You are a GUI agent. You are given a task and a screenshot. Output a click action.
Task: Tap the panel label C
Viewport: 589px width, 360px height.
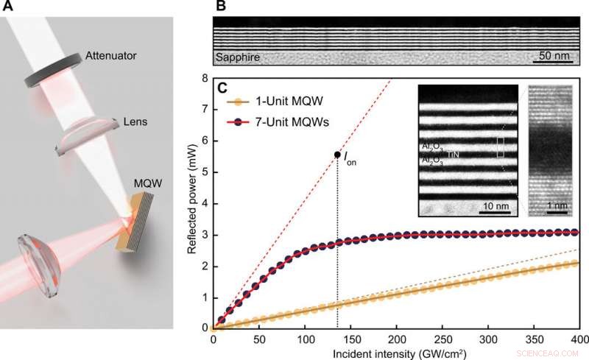(x=219, y=88)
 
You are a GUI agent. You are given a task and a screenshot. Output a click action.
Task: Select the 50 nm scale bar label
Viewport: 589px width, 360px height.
(x=554, y=57)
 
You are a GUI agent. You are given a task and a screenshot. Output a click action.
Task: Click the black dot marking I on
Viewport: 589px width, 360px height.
(x=337, y=155)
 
